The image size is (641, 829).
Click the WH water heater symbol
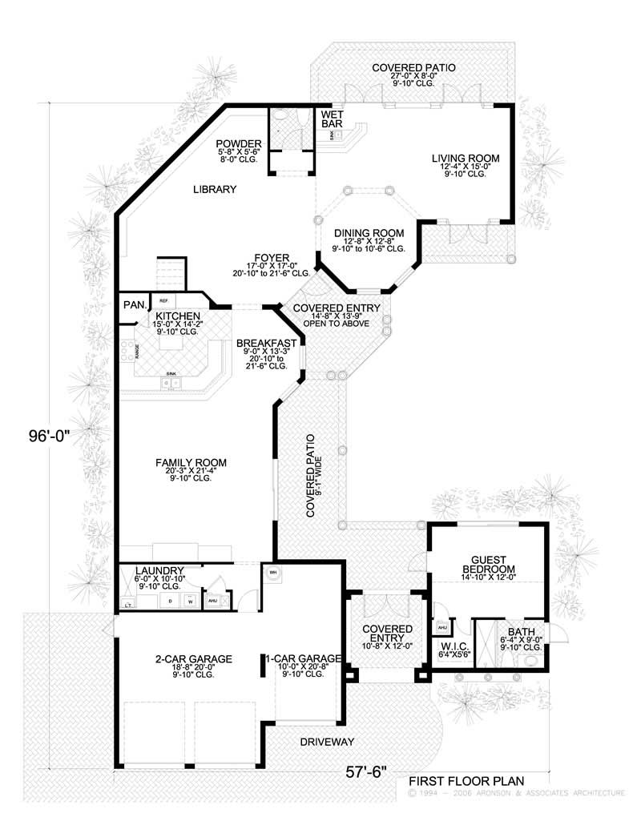(x=272, y=573)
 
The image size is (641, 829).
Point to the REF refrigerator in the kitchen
(x=163, y=300)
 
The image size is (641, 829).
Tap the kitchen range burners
(x=126, y=349)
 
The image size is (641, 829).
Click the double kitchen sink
(x=171, y=384)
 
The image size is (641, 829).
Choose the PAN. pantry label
(x=133, y=304)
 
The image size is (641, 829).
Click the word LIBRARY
(x=214, y=190)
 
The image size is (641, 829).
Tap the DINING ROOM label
(x=369, y=232)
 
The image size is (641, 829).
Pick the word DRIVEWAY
(x=327, y=742)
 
